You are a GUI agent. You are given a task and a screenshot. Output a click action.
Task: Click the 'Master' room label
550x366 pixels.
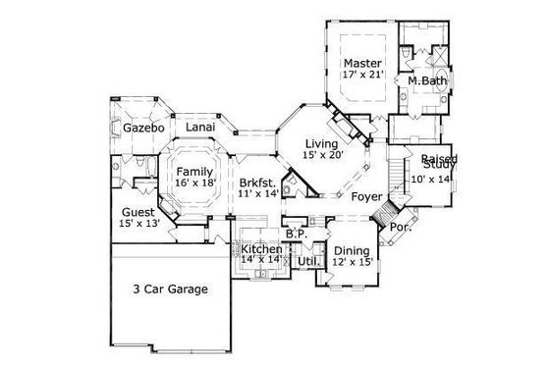[x=361, y=61]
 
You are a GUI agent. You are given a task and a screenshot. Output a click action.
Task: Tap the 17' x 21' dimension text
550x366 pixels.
[x=361, y=74]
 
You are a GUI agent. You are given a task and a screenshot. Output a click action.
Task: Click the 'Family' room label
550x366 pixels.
[x=194, y=171]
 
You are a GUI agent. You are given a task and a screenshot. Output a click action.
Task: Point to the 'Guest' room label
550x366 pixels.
[x=137, y=212]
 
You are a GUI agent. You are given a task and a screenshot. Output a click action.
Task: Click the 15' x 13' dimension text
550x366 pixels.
[x=137, y=225]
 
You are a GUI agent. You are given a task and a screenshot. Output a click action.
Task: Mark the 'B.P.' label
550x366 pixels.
[x=296, y=235]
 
